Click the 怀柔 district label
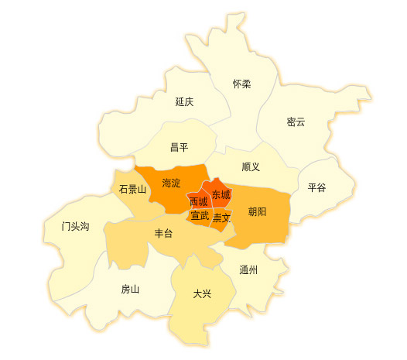pyautogui.click(x=242, y=84)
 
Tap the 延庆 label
pyautogui.click(x=184, y=101)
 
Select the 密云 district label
pyautogui.click(x=296, y=122)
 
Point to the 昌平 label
pyautogui.click(x=180, y=147)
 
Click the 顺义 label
pyautogui.click(x=251, y=166)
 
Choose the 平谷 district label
pyautogui.click(x=317, y=187)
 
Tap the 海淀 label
pyautogui.click(x=171, y=183)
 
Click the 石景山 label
pyautogui.click(x=132, y=189)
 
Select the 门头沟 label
pyautogui.click(x=76, y=227)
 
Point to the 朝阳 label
pyautogui.click(x=258, y=211)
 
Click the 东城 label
pyautogui.click(x=221, y=194)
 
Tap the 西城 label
pyautogui.click(x=198, y=202)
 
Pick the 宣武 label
pyautogui.click(x=200, y=216)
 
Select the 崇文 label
pyautogui.click(x=221, y=218)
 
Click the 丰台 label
pyautogui.click(x=163, y=233)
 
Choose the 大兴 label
pyautogui.click(x=201, y=293)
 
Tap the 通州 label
pyautogui.click(x=248, y=270)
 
